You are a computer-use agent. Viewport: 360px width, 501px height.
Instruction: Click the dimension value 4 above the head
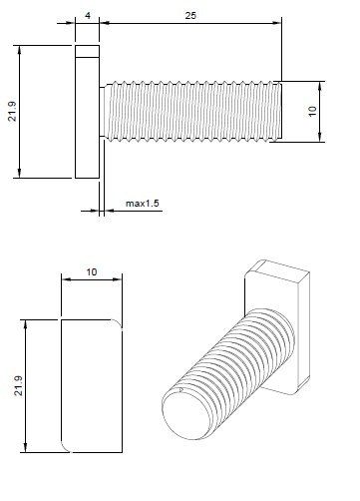[x=89, y=16]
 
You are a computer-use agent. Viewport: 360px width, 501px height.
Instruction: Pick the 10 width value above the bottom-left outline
[x=91, y=271]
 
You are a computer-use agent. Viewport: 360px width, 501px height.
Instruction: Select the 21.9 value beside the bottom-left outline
[x=17, y=384]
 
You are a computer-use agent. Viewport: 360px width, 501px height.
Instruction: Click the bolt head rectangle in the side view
[x=87, y=112]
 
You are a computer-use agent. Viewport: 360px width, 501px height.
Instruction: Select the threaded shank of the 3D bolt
[x=229, y=369]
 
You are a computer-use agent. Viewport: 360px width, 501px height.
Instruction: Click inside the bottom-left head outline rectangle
[x=91, y=384]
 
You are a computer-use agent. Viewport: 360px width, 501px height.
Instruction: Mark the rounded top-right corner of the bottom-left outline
[x=119, y=321]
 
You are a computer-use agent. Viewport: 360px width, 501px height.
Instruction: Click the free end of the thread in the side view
[x=283, y=112]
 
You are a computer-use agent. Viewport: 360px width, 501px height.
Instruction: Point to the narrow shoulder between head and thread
[x=101, y=112]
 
